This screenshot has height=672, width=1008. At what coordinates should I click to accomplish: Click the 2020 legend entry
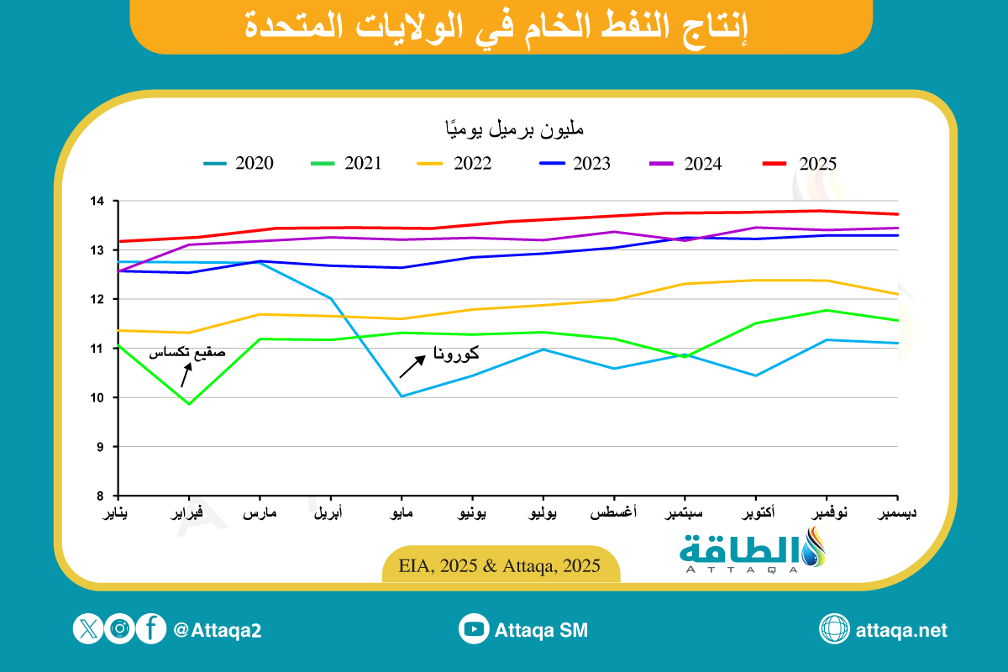(x=239, y=164)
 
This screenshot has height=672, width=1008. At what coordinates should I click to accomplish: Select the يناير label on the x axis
(x=118, y=513)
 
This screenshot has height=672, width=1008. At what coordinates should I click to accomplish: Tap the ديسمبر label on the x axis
(x=896, y=513)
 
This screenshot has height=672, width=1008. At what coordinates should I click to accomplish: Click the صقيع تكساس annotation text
(x=187, y=354)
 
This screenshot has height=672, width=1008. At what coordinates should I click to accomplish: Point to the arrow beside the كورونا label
(x=412, y=365)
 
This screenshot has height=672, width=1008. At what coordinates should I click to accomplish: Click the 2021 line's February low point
(x=190, y=404)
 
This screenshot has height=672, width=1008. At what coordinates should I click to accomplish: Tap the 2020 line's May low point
(x=402, y=396)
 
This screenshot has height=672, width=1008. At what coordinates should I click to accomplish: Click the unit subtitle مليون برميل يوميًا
(x=514, y=130)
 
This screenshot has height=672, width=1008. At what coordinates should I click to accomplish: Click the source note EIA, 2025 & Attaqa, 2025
(x=501, y=565)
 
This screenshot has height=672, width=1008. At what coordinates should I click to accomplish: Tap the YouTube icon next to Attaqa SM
(x=474, y=629)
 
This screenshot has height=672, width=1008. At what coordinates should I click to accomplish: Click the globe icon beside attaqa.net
(x=834, y=629)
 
